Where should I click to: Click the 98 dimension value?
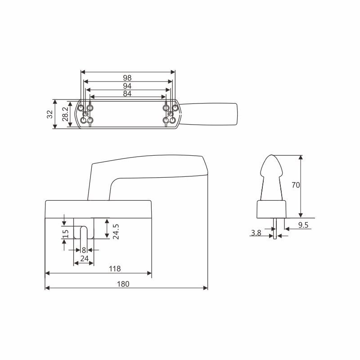(127, 77)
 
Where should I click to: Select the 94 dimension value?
(127, 86)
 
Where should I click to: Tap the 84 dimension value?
(127, 94)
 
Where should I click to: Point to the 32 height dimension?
(50, 114)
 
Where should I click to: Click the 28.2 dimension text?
(65, 114)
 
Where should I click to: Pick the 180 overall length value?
(123, 284)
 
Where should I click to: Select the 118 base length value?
(115, 269)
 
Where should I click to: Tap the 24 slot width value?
(84, 259)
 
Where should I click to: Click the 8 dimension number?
(84, 251)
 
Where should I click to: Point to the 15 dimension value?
(66, 234)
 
